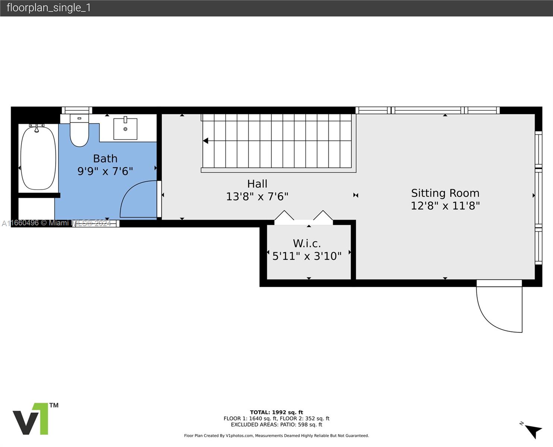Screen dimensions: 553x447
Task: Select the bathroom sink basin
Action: tap(126, 129)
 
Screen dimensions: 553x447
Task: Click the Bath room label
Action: tap(105, 159)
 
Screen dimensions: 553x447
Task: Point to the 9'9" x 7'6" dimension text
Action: tap(105, 171)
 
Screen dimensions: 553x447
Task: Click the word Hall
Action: tap(257, 184)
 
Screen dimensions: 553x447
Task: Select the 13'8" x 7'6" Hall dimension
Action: tap(257, 197)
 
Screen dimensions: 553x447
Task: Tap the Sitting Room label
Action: tap(445, 193)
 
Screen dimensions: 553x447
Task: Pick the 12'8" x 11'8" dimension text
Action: tap(445, 206)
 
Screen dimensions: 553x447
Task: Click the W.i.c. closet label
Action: tap(307, 244)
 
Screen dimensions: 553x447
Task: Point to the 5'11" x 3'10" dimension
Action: tap(307, 256)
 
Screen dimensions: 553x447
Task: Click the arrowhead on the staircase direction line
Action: tap(206, 141)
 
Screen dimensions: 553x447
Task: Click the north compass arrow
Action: tap(534, 431)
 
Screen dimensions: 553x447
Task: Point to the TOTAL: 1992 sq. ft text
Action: tap(276, 412)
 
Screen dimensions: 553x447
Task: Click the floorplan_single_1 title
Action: tap(49, 8)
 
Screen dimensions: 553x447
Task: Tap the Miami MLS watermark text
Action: tap(56, 223)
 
